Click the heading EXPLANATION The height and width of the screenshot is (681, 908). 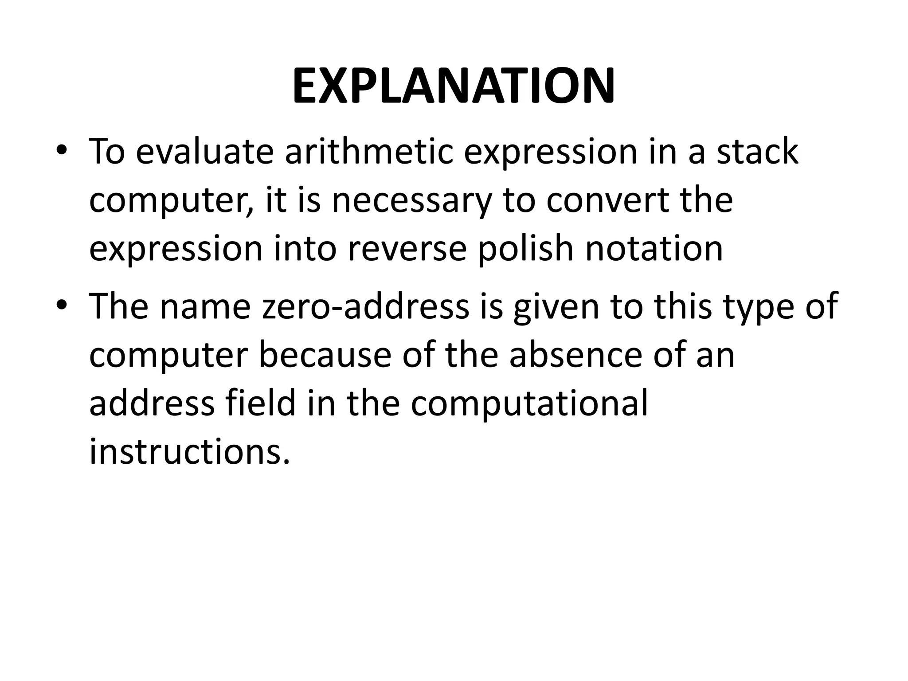click(454, 86)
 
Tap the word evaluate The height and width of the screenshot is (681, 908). click(204, 152)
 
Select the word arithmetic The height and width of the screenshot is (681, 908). click(368, 152)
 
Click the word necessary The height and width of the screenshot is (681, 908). click(412, 200)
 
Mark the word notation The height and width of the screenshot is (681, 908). click(654, 249)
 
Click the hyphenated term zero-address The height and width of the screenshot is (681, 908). click(366, 307)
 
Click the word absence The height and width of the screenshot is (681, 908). click(576, 356)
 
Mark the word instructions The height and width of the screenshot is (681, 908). click(190, 452)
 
